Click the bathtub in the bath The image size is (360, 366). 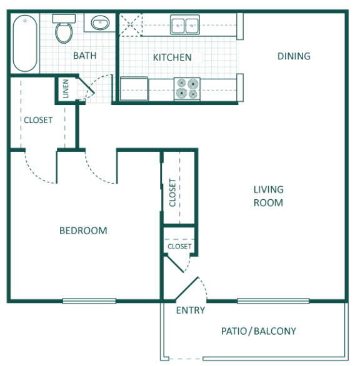25,44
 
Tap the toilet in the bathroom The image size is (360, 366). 64,29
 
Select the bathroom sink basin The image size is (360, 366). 100,23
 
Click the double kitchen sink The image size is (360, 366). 185,25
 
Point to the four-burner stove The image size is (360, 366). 187,89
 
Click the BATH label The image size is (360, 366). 85,56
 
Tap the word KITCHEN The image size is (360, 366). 172,57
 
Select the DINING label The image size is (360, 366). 294,56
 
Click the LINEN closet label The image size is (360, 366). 66,89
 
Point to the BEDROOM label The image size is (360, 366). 83,231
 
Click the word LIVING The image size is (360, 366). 269,189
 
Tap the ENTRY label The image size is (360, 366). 191,310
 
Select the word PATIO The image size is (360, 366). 234,331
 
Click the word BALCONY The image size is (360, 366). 275,331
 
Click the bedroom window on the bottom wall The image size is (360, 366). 89,301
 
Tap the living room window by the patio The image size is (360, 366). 273,301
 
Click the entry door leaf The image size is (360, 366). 187,289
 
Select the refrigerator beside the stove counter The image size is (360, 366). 134,89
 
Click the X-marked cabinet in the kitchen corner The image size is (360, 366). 131,25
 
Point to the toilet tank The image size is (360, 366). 64,19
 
